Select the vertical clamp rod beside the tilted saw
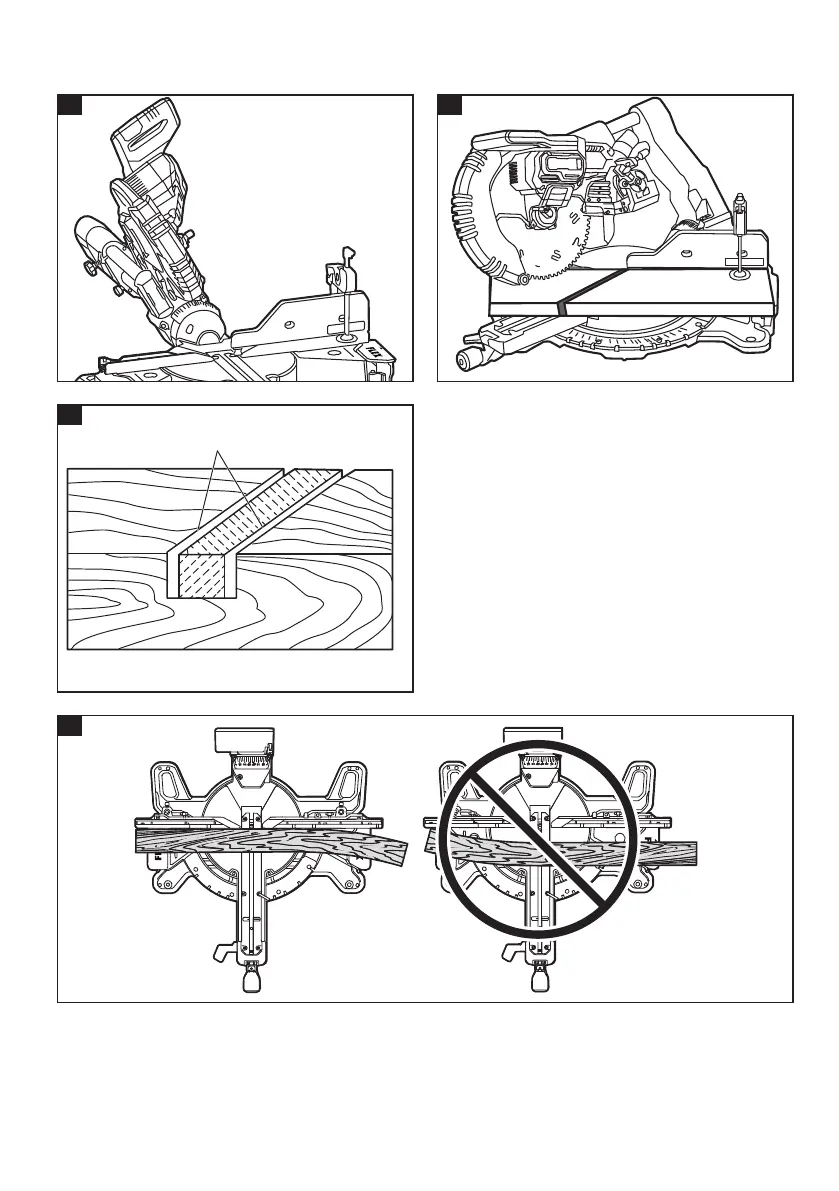click(x=342, y=300)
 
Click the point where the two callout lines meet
click(x=215, y=452)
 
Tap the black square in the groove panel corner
click(x=68, y=415)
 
